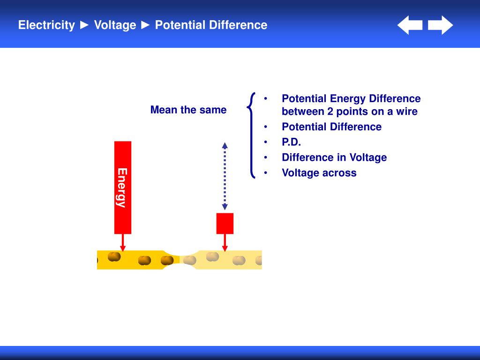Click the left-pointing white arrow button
coord(410,25)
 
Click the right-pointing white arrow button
coord(441,25)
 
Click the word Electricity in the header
coord(46,25)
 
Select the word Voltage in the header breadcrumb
coord(115,25)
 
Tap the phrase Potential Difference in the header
coord(211,25)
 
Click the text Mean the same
coord(188,110)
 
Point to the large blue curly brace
coord(252,135)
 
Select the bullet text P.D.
coord(291,142)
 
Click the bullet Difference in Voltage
coord(334,157)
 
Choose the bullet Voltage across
coord(319,173)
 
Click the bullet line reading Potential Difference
coord(331,127)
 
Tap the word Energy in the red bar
coord(122,187)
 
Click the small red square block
coord(225,224)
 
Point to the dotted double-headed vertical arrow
coord(225,176)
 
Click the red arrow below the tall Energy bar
coord(123,243)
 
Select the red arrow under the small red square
coord(225,243)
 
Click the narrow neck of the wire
coord(180,260)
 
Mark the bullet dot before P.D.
coord(266,142)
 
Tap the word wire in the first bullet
coord(406,112)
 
